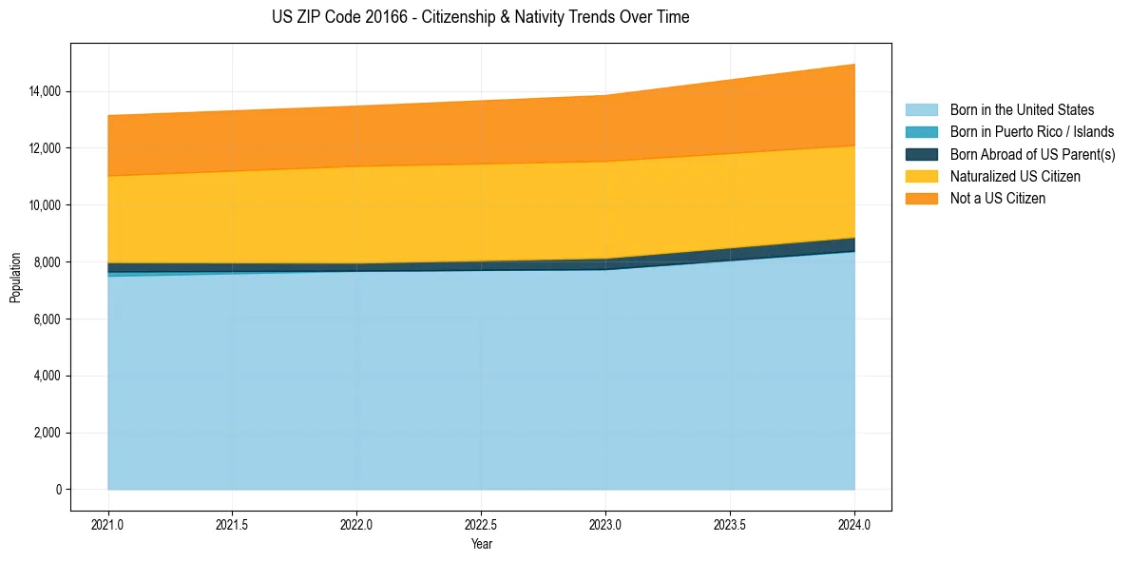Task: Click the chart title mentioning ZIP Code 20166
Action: coord(480,17)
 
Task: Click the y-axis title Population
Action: coord(15,278)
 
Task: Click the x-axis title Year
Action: coord(481,545)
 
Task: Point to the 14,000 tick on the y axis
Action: coord(45,91)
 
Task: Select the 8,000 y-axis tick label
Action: coord(48,262)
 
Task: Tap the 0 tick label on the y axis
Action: coord(58,490)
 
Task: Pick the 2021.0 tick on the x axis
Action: coord(108,524)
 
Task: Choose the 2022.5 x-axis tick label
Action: coord(481,524)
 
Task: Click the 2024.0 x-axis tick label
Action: coord(854,524)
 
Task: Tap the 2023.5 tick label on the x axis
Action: coord(730,524)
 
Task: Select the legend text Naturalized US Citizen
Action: coord(1015,177)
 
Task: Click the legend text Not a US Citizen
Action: coord(998,199)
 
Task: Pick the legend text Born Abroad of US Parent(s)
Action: coord(1032,155)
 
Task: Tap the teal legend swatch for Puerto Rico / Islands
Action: coord(921,132)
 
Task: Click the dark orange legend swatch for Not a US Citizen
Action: coord(921,199)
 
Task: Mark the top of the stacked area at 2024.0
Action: coord(854,64)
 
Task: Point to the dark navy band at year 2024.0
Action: coord(853,245)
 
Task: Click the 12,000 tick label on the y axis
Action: coord(45,148)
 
